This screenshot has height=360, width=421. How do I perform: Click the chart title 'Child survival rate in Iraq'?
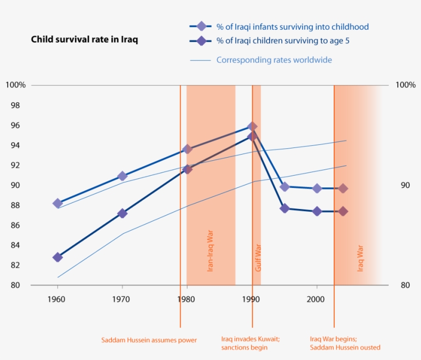(84, 40)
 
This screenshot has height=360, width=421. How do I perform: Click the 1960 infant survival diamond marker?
(58, 203)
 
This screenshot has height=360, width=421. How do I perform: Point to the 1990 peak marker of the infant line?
(252, 126)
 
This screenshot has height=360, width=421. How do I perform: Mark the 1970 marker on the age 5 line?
(122, 213)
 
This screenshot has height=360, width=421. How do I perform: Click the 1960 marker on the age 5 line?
(58, 257)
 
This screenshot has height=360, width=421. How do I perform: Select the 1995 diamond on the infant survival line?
(285, 187)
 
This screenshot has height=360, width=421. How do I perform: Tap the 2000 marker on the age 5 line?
(317, 211)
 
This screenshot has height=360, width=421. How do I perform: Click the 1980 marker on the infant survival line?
(187, 149)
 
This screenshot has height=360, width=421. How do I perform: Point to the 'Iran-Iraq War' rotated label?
(210, 251)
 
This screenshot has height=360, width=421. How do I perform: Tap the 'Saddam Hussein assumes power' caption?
(149, 340)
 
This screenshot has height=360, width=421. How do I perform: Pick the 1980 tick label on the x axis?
(186, 298)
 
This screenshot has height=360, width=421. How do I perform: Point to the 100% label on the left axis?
(15, 85)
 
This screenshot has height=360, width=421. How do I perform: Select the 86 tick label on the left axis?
(16, 225)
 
